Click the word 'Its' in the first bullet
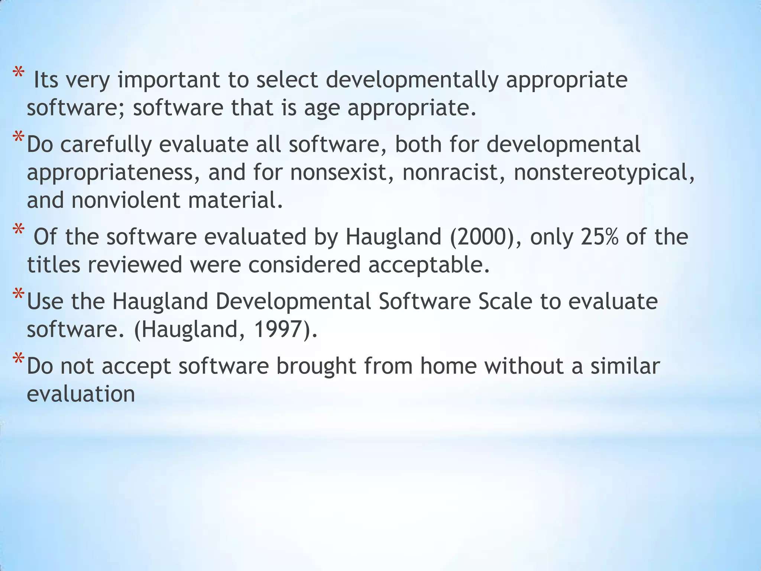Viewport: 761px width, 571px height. (46, 80)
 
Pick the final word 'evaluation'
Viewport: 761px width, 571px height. (81, 394)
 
